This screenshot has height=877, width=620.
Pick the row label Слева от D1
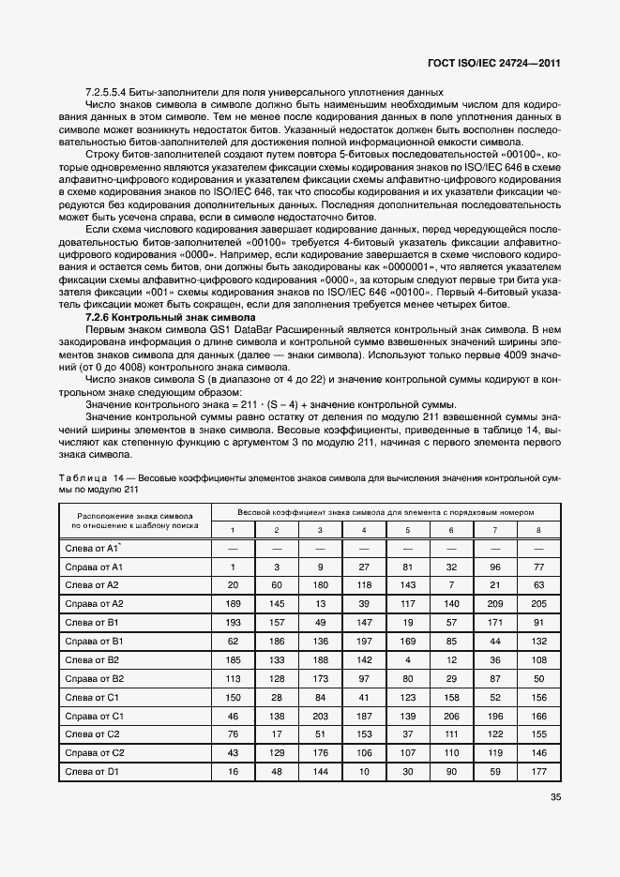90,771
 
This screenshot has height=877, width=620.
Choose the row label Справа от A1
92,567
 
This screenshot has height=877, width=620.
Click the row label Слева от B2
91,659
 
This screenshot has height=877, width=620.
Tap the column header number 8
537,530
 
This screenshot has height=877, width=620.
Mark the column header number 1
234,530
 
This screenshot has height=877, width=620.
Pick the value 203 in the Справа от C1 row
321,715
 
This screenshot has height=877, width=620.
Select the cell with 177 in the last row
537,771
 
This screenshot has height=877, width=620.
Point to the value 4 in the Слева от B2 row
407,659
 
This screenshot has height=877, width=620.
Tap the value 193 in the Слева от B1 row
234,622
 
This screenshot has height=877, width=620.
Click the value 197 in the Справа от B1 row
364,641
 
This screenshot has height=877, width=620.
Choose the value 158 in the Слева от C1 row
451,697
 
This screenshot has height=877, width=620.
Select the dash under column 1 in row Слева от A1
234,548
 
